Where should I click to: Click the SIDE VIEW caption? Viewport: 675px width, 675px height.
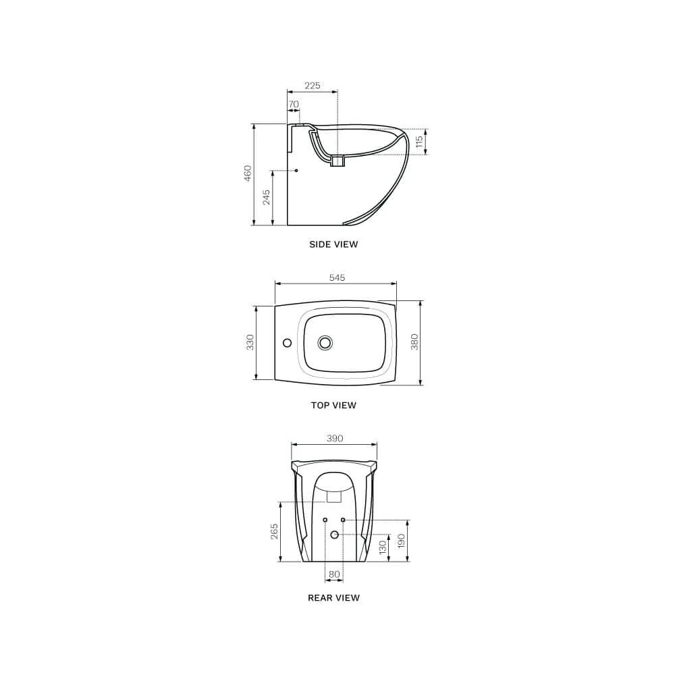click(x=333, y=244)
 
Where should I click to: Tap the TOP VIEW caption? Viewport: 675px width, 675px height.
click(x=333, y=406)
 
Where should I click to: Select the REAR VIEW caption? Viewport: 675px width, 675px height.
click(x=333, y=598)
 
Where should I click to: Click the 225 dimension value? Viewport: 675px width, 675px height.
click(x=313, y=86)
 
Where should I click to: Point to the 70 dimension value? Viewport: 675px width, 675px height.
click(x=294, y=105)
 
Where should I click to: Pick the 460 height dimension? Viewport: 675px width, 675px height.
click(x=248, y=173)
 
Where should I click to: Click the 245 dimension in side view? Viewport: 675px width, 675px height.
click(x=267, y=197)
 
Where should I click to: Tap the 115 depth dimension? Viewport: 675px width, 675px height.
click(x=420, y=142)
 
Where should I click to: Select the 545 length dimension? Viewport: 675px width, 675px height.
click(x=337, y=277)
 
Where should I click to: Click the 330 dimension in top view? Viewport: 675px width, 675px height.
click(x=250, y=342)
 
